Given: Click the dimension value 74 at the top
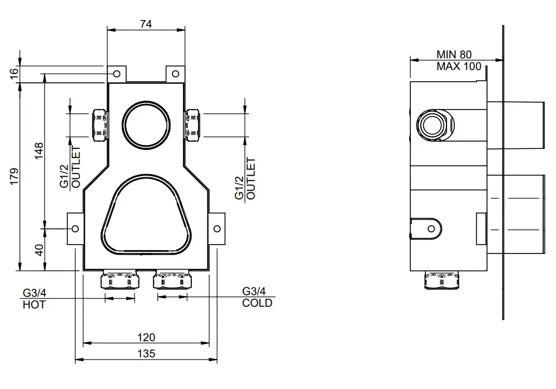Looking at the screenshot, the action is coord(146,24).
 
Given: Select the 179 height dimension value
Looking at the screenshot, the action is coord(14,176).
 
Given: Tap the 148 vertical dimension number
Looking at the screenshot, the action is coord(39,151).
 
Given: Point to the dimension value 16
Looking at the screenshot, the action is coord(14,74).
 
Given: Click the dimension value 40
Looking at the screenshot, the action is coord(39,250).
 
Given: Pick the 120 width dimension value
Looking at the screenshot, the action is coord(146,337).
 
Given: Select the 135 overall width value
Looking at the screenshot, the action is coord(146,353).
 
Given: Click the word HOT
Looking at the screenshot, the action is coord(34,305).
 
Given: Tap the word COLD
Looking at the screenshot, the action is coord(257,303).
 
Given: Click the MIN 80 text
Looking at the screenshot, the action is coord(454,54).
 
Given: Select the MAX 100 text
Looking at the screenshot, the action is coord(459,66).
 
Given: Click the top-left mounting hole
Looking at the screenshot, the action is coord(116,74).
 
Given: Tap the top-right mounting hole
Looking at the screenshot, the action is coord(176,74).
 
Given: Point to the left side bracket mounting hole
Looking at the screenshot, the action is coord(75,228).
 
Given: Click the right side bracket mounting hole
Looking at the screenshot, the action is coord(217,228).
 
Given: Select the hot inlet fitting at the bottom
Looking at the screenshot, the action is coord(120,280).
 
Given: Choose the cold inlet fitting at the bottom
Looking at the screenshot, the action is coord(173,280).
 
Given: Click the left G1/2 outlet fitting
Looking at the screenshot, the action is coord(100,125).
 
